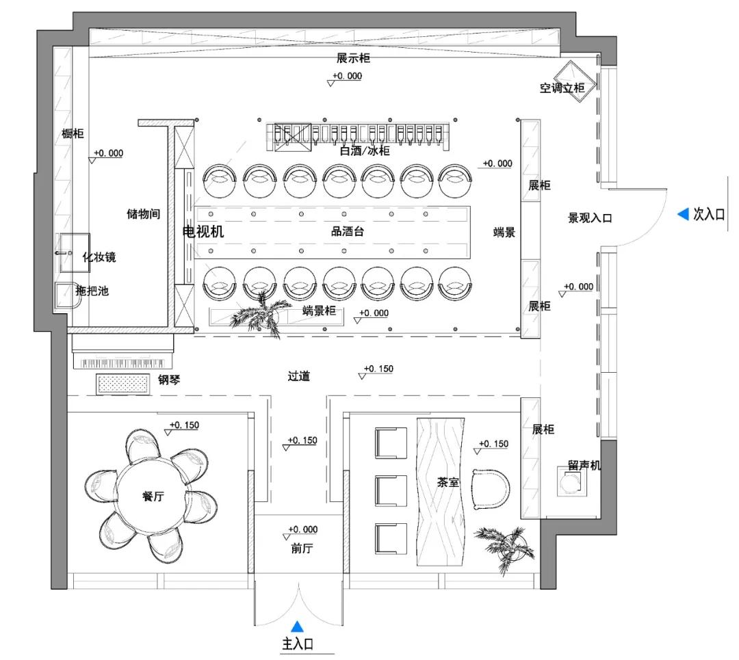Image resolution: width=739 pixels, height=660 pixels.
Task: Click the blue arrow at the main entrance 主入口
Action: [298, 625]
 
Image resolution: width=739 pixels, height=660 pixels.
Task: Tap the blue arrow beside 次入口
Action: [682, 215]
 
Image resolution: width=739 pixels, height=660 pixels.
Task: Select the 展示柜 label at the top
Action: [353, 59]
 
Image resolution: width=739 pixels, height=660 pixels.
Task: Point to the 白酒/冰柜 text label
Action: [365, 150]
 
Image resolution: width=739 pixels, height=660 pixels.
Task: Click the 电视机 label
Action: [203, 232]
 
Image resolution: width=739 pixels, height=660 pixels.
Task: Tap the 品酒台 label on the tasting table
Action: [348, 232]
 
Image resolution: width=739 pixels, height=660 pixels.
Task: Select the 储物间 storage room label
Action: [144, 214]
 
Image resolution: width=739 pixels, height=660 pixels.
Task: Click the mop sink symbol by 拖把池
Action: [66, 295]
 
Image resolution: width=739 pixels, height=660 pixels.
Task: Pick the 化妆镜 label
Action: [99, 257]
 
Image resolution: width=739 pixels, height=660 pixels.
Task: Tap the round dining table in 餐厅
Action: [152, 497]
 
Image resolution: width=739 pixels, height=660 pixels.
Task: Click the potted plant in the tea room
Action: [504, 546]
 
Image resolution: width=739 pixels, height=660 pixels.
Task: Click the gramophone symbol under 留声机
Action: [570, 484]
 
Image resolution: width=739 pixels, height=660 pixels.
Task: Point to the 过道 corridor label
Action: [299, 376]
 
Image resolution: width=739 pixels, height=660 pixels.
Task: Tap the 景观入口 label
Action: [590, 218]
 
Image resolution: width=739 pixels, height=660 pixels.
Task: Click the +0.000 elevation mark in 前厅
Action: [302, 530]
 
